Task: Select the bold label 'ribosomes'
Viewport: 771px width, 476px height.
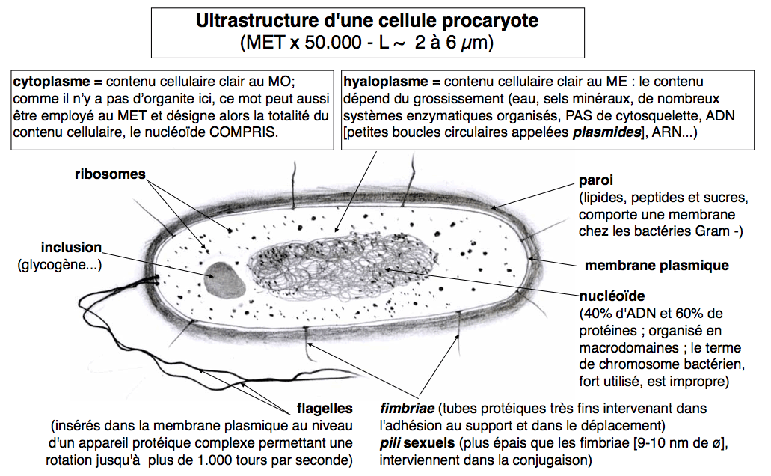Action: [x=109, y=174]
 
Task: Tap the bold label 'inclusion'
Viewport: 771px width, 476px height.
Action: [x=71, y=247]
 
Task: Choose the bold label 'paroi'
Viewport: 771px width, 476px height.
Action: [x=595, y=182]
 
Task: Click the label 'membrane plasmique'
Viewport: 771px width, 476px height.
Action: [x=656, y=265]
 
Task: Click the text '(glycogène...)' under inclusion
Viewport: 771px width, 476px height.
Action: [x=59, y=264]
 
